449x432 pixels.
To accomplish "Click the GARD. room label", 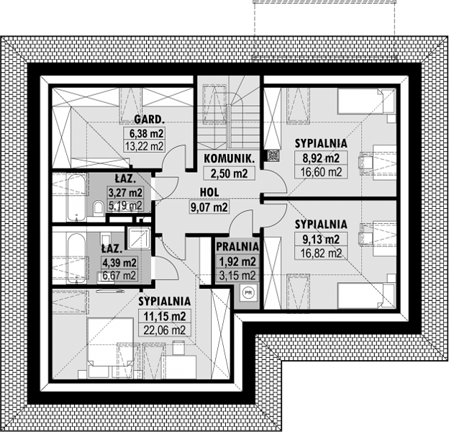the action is [x=149, y=120].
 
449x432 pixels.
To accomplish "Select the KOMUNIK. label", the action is [x=229, y=158].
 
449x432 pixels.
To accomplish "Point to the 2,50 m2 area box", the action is [x=229, y=174].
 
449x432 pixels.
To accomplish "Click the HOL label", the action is [x=209, y=192].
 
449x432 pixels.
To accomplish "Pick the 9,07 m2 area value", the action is [x=209, y=207].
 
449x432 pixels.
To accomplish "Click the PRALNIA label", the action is [x=237, y=246].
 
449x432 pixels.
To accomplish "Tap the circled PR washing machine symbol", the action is [x=248, y=292].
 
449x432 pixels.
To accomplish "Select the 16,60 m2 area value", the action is [x=322, y=172].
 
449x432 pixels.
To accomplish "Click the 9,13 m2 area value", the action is [x=322, y=238].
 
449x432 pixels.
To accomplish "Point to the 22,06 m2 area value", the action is [x=164, y=330].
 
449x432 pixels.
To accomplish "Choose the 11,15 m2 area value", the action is [x=165, y=316].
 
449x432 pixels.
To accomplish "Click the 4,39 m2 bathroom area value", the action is [x=119, y=262].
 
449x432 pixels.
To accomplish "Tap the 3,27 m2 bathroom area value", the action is [x=125, y=192].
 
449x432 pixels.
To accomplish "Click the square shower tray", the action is [x=139, y=238].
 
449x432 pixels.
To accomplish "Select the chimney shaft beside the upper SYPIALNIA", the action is [x=273, y=156].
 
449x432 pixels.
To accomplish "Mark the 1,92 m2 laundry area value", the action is [x=237, y=261].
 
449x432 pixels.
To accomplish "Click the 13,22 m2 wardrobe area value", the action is [x=145, y=146].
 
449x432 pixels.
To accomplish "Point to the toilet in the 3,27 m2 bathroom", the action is [x=98, y=207].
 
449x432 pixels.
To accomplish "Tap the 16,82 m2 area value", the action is [x=322, y=253].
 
